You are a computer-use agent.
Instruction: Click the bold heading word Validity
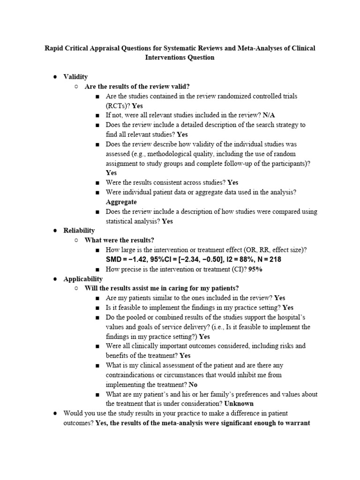coord(75,77)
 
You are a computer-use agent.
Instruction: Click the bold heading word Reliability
coord(79,231)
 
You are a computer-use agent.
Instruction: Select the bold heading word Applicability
coord(83,279)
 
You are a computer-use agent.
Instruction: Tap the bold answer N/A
coord(269,115)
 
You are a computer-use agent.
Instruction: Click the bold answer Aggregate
coord(121,202)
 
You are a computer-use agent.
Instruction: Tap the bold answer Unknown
coord(239,404)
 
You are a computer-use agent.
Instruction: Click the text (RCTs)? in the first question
coord(118,106)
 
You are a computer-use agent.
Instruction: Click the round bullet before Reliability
coord(55,231)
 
